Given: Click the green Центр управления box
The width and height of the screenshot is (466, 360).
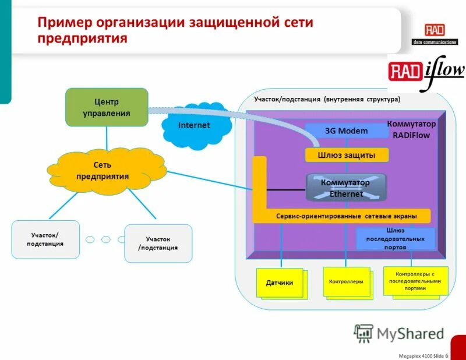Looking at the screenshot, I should (x=106, y=107).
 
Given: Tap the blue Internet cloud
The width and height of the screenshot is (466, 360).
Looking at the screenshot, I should (x=195, y=125).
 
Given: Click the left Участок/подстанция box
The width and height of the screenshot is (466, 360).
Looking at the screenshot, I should (x=45, y=239).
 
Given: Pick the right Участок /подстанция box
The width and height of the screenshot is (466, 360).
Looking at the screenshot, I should (x=158, y=243).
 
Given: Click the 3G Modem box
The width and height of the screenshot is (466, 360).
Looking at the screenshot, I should (x=346, y=131).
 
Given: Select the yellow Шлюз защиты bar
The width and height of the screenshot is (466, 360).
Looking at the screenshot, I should (x=346, y=155).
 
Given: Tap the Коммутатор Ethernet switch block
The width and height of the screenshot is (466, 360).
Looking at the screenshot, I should (x=346, y=188).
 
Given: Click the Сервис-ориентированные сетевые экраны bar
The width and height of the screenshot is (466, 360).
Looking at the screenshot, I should (x=346, y=216).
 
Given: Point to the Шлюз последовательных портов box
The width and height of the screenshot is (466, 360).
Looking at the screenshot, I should (x=396, y=239).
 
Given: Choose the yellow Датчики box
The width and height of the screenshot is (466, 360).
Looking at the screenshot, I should (x=280, y=283).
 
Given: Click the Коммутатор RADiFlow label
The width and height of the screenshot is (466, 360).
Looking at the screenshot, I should (x=411, y=129).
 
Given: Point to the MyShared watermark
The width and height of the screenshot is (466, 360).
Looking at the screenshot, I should (x=399, y=333).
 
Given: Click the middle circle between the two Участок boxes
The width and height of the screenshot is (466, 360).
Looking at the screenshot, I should (x=105, y=239).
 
